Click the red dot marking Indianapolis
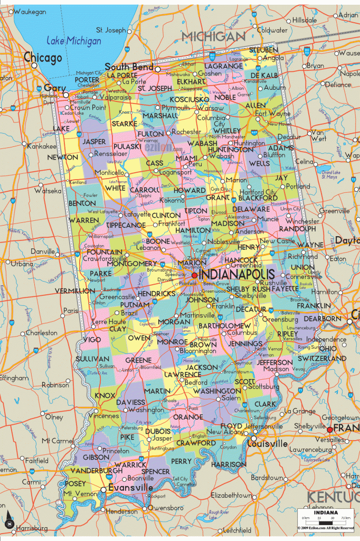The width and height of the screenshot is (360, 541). coord(195,275)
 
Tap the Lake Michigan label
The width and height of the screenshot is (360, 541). coord(68,40)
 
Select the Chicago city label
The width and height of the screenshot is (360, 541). coord(42,58)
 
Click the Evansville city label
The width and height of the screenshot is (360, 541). coord(130,488)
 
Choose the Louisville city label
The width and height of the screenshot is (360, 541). coord(268,444)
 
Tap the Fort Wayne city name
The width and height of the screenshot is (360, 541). coord(272,114)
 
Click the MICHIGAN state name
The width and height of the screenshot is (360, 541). coord(214,36)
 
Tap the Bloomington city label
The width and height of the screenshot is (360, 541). coord(197,351)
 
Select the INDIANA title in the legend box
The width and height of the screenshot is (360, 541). coord(325,511)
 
